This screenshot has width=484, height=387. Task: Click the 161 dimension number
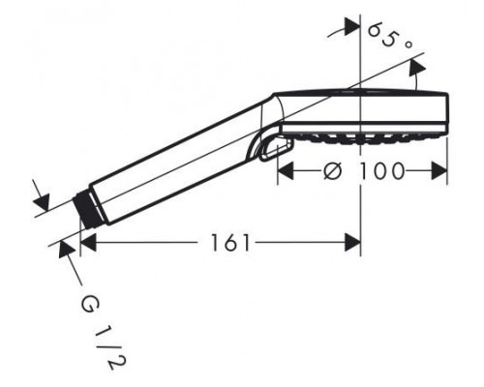230,243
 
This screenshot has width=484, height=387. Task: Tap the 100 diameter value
381,170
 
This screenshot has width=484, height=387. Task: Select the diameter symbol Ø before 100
332,170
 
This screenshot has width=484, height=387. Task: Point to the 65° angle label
390,37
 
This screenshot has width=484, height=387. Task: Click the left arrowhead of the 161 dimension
88,243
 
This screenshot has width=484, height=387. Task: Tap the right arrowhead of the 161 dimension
352,243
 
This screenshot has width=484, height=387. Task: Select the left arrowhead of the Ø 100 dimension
286,171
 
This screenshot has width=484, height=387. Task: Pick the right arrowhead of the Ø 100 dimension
439,171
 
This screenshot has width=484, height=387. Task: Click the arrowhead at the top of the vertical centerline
352,26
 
